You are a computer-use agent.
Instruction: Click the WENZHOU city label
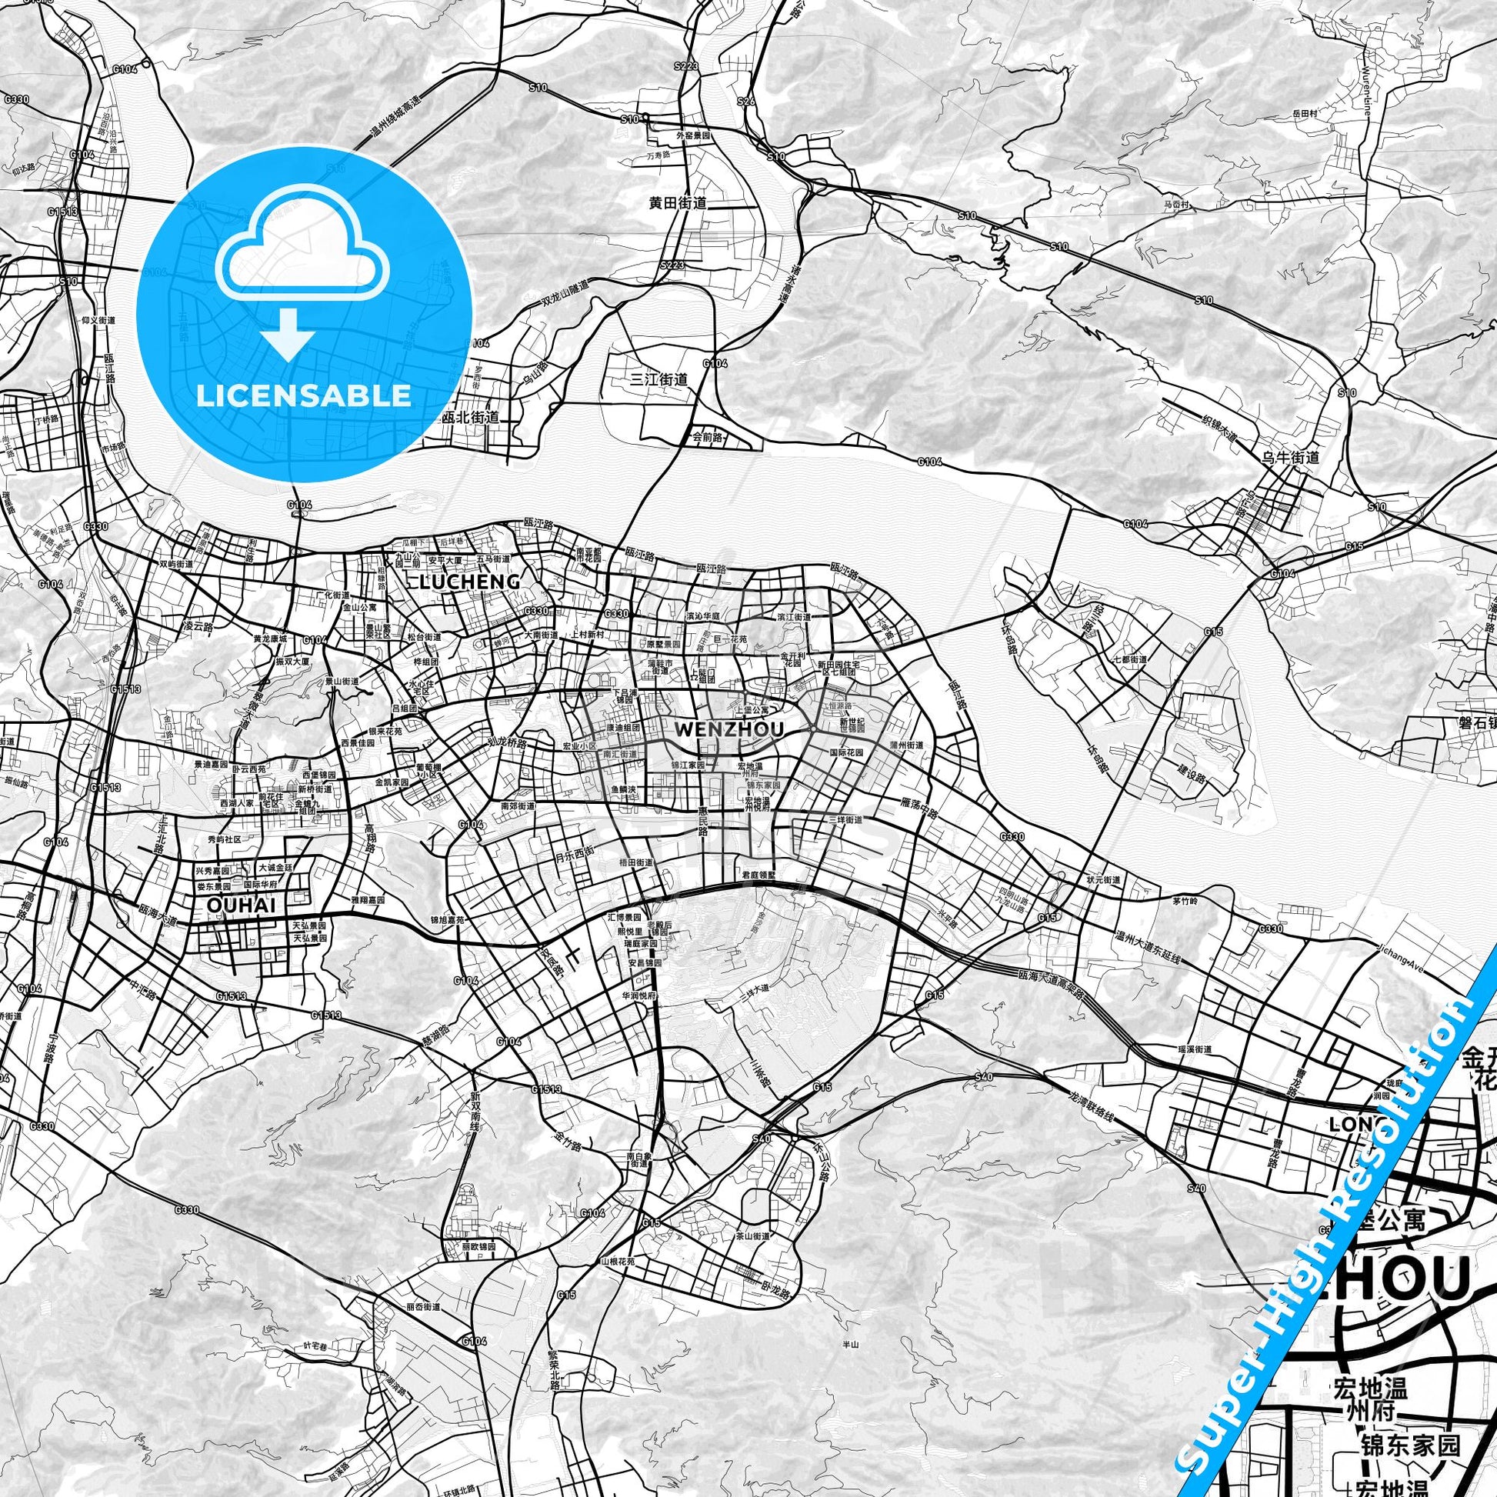(730, 729)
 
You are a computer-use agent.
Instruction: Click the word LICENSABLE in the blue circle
(303, 395)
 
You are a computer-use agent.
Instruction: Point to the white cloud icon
(303, 248)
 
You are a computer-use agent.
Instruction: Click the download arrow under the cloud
(288, 333)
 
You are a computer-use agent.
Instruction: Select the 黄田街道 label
(678, 204)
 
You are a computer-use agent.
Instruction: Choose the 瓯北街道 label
(469, 417)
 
